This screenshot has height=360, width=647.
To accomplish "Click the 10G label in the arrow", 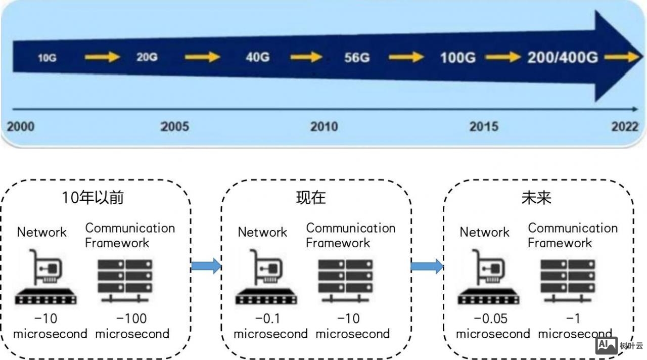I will pyautogui.click(x=47, y=58).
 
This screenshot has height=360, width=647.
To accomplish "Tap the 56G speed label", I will pyautogui.click(x=357, y=57).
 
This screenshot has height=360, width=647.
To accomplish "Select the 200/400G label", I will pyautogui.click(x=563, y=57).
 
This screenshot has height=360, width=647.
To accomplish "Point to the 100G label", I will pyautogui.click(x=457, y=57).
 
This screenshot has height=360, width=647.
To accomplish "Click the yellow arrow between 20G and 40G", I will pyautogui.click(x=203, y=57).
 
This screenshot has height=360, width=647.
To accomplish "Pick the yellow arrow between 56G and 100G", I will pyautogui.click(x=406, y=57).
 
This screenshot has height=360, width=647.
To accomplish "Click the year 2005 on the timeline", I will pyautogui.click(x=175, y=126).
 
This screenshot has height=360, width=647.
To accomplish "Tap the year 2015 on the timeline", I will pyautogui.click(x=484, y=126).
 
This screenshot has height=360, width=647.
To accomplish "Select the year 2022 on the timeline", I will pyautogui.click(x=625, y=126).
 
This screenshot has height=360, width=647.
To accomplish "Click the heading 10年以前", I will pyautogui.click(x=93, y=197).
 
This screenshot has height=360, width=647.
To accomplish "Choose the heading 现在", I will pyautogui.click(x=311, y=197).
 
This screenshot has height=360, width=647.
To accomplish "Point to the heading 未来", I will pyautogui.click(x=536, y=197).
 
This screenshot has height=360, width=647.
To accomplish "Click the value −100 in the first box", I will pyautogui.click(x=131, y=319).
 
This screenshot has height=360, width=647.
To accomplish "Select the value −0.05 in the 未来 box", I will pyautogui.click(x=490, y=319).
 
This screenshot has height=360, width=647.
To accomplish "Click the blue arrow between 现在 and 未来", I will pyautogui.click(x=427, y=265).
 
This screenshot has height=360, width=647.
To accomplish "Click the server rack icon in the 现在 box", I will pyautogui.click(x=346, y=281).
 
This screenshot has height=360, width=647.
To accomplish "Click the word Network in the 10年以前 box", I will pyautogui.click(x=42, y=232).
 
